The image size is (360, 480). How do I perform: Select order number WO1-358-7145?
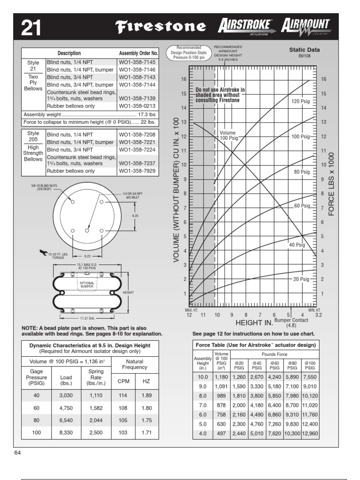click(x=138, y=62)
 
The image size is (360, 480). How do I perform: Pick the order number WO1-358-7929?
click(x=138, y=171)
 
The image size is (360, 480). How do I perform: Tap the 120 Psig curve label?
click(x=301, y=101)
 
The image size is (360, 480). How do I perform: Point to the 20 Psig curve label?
click(x=301, y=279)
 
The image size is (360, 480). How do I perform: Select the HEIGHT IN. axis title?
click(x=254, y=323)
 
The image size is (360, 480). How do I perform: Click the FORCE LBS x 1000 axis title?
click(x=331, y=183)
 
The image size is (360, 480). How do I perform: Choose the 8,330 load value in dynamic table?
click(x=65, y=433)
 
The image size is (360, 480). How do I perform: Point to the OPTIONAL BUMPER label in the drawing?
click(x=87, y=285)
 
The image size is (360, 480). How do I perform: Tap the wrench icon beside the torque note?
click(x=44, y=253)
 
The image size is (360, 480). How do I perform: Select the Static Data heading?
click(x=304, y=49)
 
